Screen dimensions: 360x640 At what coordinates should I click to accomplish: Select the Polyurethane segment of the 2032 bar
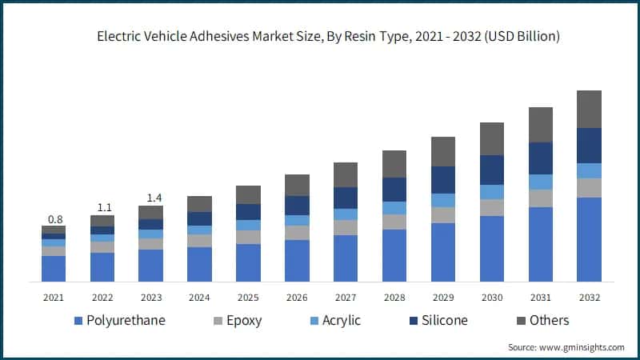coord(589,239)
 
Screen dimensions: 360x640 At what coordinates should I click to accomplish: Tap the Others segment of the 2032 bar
coord(589,109)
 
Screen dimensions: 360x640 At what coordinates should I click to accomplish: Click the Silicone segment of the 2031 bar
coord(541,158)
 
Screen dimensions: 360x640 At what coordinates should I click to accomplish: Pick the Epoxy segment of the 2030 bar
coord(492,207)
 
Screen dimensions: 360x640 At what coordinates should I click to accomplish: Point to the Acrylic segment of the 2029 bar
coord(443,200)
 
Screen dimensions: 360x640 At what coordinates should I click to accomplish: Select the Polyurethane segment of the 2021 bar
coord(54,269)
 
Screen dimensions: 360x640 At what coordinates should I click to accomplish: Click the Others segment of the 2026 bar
coord(297,185)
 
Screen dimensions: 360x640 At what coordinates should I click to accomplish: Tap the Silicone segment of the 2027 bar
coord(346,198)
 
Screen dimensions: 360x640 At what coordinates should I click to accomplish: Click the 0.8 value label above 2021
coord(54,219)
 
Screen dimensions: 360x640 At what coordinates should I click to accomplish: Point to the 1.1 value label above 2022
coord(102,208)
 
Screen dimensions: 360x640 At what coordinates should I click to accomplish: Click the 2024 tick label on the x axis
coord(199,297)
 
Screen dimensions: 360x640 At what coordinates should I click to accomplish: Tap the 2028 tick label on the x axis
coord(394,297)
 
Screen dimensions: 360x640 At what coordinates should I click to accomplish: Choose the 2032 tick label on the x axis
coord(589,297)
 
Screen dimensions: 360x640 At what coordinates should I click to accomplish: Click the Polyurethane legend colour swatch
coord(78,322)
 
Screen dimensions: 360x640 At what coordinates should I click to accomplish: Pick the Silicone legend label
coord(441,321)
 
